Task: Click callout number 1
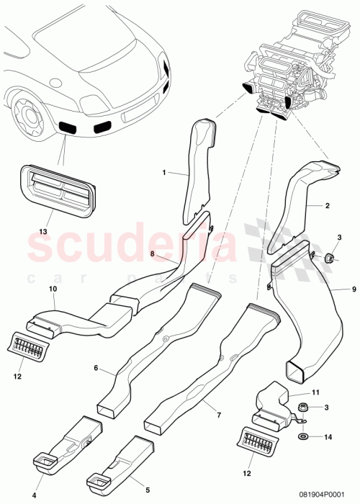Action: click(x=164, y=173)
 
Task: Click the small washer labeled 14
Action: click(x=300, y=436)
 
